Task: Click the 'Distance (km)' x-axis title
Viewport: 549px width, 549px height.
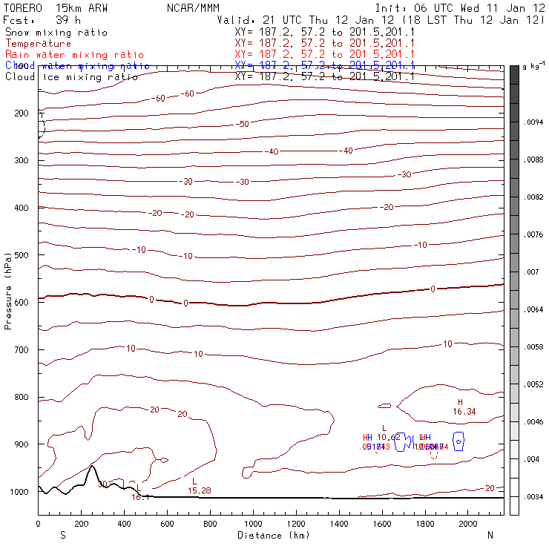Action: point(271,535)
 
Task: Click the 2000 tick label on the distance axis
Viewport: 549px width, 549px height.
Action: point(469,524)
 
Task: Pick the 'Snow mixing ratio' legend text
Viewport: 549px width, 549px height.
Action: point(56,33)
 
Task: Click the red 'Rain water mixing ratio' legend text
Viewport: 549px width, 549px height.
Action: point(67,55)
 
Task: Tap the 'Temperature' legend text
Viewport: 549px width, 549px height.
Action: point(38,44)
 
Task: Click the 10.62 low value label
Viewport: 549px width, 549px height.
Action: point(388,437)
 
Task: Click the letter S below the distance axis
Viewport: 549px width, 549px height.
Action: point(62,535)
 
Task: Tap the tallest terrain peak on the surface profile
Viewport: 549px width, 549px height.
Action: point(91,467)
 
